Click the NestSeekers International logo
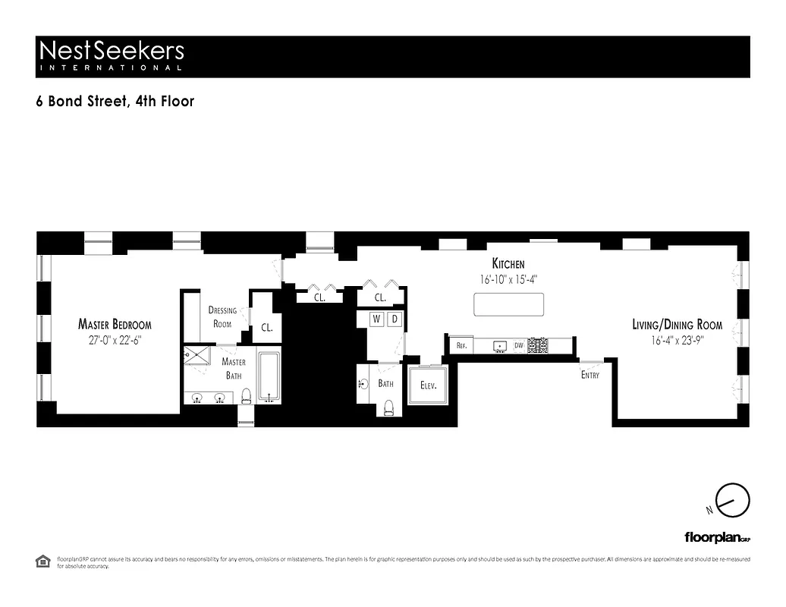pyautogui.click(x=111, y=55)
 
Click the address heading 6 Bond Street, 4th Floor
pyautogui.click(x=115, y=101)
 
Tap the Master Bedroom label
pyautogui.click(x=115, y=325)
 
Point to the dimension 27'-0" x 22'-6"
pyautogui.click(x=115, y=341)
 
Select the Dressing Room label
pyautogui.click(x=222, y=316)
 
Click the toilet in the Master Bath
pyautogui.click(x=246, y=395)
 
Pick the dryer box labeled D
pyautogui.click(x=394, y=319)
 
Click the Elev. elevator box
pyautogui.click(x=429, y=385)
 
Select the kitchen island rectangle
pyautogui.click(x=509, y=304)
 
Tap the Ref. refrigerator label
pyautogui.click(x=461, y=345)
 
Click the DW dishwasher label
pyautogui.click(x=519, y=345)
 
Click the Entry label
pyautogui.click(x=589, y=376)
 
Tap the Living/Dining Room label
pyautogui.click(x=678, y=325)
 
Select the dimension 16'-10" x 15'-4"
pyautogui.click(x=508, y=278)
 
